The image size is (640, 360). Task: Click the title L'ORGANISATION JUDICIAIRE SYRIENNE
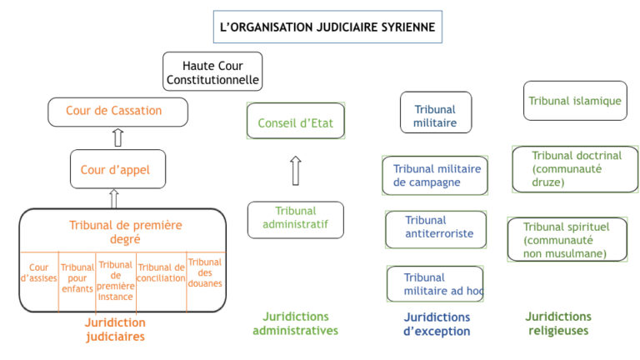tap(327, 27)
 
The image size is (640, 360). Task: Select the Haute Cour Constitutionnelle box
tap(212, 72)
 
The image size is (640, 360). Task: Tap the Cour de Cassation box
tap(117, 112)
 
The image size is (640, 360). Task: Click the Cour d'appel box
tap(117, 169)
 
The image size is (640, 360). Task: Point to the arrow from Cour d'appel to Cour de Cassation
tap(118, 137)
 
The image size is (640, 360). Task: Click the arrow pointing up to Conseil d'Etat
tap(296, 171)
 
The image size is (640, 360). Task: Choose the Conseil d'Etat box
tap(296, 121)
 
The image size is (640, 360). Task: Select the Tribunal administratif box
tap(296, 220)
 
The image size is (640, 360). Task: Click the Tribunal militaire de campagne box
tap(435, 176)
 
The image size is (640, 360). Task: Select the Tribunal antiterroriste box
tap(436, 229)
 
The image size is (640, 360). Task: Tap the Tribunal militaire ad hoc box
tap(435, 283)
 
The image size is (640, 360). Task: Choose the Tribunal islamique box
tap(575, 100)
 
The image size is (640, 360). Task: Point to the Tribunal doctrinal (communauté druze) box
tap(575, 169)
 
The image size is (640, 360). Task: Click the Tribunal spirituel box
tap(567, 240)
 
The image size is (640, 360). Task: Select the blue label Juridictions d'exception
tap(437, 324)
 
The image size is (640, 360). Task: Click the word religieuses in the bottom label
tap(558, 331)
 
